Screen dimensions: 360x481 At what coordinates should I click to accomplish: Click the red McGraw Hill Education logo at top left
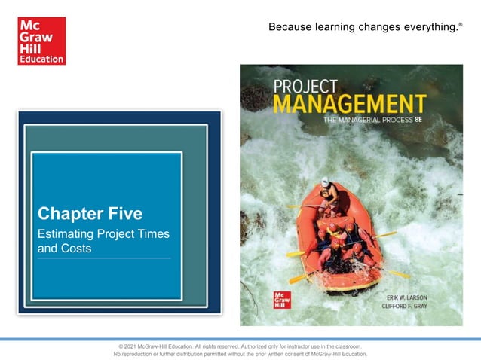point(41,40)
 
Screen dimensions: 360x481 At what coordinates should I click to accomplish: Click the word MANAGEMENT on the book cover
point(350,103)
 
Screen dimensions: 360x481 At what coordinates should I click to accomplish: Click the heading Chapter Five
point(89,213)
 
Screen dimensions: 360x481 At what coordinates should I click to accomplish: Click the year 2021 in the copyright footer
point(130,345)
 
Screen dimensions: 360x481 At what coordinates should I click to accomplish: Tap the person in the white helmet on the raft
point(326,193)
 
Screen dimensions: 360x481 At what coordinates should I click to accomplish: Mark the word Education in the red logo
point(41,58)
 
